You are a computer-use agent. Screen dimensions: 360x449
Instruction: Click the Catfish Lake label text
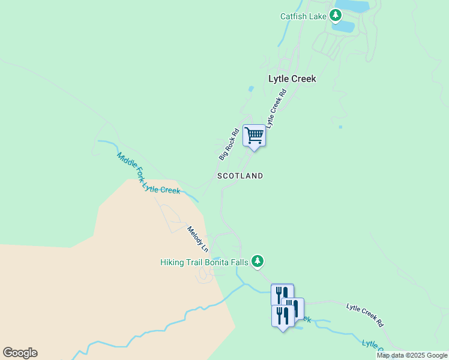[x=303, y=16]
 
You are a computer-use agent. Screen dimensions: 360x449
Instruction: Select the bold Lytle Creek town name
[x=292, y=79]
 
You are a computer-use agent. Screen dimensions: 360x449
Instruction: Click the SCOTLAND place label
[x=240, y=176]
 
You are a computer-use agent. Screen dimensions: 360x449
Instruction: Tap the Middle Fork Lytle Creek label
[x=148, y=174]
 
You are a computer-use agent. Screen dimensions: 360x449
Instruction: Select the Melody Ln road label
[x=197, y=239]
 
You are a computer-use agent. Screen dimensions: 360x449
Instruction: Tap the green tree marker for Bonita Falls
[x=258, y=261]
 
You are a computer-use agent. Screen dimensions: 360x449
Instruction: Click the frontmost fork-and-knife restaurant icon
[x=282, y=315]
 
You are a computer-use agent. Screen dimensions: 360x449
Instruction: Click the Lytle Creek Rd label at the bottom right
[x=365, y=314]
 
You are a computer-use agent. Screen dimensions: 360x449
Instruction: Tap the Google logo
[x=20, y=353]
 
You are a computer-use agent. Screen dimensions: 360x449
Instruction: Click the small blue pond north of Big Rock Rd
[x=250, y=89]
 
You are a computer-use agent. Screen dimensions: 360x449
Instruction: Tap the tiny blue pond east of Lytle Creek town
[x=340, y=127]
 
